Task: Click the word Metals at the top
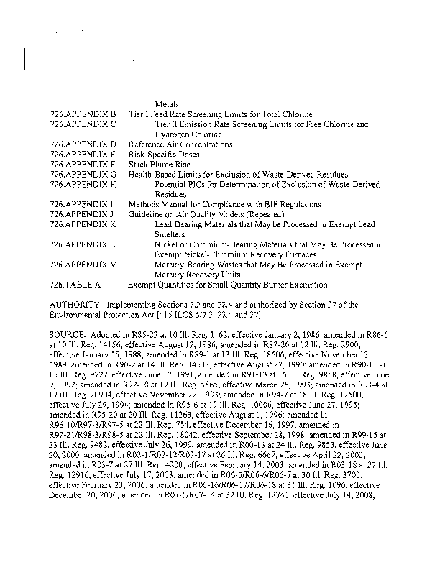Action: coord(167,104)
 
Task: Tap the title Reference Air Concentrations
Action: coord(180,144)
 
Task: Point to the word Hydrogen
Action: coord(173,134)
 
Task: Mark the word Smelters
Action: coord(170,234)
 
